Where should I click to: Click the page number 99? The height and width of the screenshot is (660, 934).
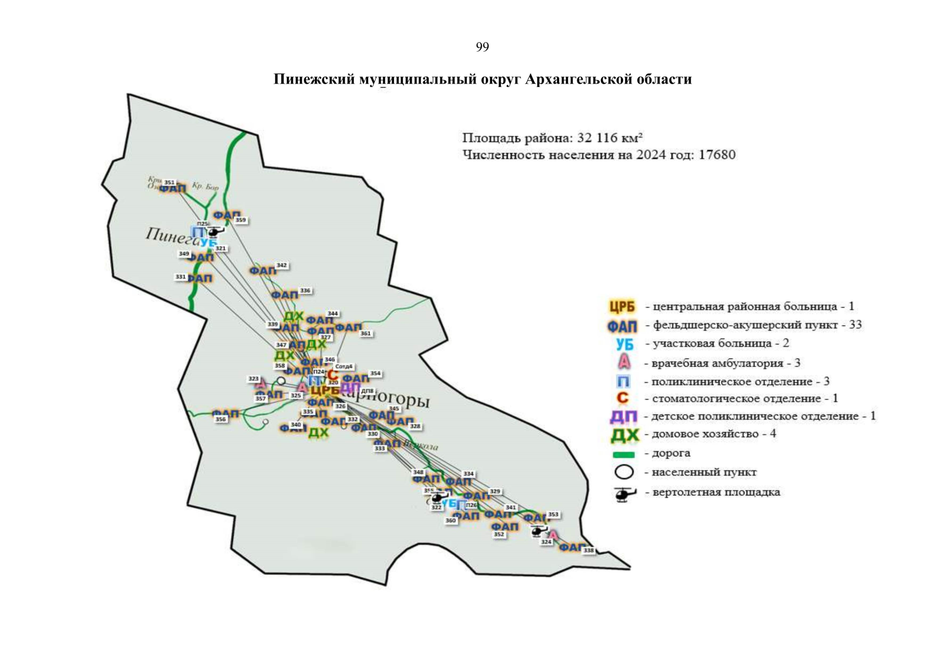482,47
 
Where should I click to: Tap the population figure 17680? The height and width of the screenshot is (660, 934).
717,155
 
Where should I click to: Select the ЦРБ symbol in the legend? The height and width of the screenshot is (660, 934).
622,306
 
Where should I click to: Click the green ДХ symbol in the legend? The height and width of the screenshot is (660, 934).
625,436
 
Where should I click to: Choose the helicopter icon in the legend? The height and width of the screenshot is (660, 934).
624,494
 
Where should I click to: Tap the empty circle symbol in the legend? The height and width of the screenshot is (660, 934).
624,472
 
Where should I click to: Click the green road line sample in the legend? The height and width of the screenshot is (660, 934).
624,455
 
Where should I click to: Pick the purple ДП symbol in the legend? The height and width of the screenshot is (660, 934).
623,417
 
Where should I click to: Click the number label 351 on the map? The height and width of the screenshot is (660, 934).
169,183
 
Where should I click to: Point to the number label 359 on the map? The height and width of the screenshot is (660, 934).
241,220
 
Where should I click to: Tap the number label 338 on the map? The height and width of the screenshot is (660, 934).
589,551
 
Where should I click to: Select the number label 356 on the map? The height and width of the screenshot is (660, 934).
220,419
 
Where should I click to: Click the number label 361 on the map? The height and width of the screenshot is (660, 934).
365,333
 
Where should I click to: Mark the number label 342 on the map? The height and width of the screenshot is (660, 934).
281,265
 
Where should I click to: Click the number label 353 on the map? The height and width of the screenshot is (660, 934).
553,515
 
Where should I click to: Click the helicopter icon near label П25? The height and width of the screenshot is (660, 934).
214,232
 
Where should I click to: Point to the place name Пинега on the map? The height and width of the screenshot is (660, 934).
168,235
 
